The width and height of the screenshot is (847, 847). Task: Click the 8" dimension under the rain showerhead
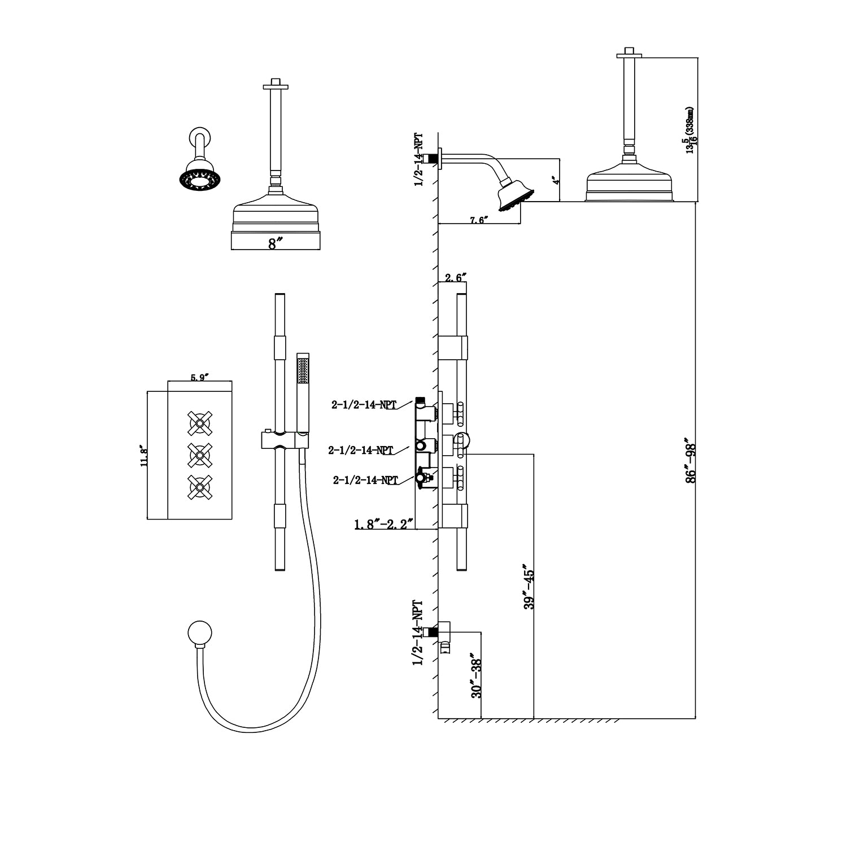[x=274, y=244]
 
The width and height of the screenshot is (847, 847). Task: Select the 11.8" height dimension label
[x=143, y=456]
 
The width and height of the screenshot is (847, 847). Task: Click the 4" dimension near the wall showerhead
[x=556, y=181]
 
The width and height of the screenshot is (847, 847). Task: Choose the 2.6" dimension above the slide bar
[x=455, y=278]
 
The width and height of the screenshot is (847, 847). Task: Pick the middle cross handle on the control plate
[x=199, y=453]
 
